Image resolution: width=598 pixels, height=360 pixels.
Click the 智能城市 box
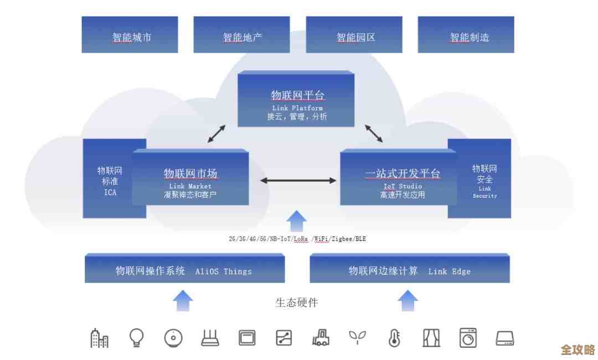click(x=130, y=34)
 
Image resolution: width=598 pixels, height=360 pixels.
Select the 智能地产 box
click(x=241, y=34)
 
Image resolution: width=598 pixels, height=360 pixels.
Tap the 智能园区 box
click(x=354, y=34)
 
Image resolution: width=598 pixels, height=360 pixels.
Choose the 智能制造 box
click(x=466, y=34)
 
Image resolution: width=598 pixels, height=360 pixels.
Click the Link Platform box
click(x=296, y=100)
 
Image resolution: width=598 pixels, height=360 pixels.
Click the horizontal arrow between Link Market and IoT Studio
click(x=298, y=180)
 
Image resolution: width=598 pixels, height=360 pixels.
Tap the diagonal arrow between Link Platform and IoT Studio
click(x=374, y=133)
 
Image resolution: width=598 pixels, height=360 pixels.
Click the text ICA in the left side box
click(x=110, y=193)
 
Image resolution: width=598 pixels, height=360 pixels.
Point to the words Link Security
click(x=484, y=192)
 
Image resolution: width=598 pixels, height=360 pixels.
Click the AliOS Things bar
click(x=184, y=269)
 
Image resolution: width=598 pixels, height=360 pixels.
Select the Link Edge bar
click(x=409, y=269)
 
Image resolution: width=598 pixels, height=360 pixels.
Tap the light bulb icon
click(x=136, y=337)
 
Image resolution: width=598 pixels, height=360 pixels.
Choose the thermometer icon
click(x=394, y=337)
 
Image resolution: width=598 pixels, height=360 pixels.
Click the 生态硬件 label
click(x=297, y=302)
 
